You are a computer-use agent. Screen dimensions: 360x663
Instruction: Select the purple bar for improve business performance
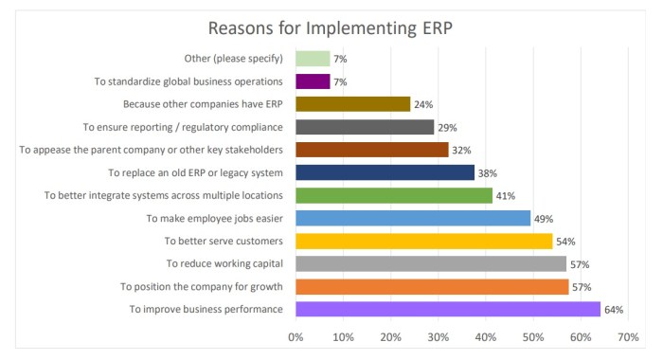448,309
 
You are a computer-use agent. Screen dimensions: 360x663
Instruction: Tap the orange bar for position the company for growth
432,286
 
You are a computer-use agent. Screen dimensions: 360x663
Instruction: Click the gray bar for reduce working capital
431,263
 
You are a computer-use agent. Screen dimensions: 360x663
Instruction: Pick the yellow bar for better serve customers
424,241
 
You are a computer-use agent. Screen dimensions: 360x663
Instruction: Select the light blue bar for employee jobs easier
413,218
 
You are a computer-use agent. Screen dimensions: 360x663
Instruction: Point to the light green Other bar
313,59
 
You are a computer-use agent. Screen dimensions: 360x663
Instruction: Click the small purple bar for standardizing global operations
313,81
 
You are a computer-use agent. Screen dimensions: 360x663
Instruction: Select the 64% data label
614,310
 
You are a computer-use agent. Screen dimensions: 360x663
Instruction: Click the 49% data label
544,219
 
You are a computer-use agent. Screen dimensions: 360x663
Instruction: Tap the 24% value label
424,105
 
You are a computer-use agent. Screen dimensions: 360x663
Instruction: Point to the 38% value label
488,173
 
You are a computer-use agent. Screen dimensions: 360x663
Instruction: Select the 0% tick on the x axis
296,336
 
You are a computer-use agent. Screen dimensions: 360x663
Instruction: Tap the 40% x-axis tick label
486,336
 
